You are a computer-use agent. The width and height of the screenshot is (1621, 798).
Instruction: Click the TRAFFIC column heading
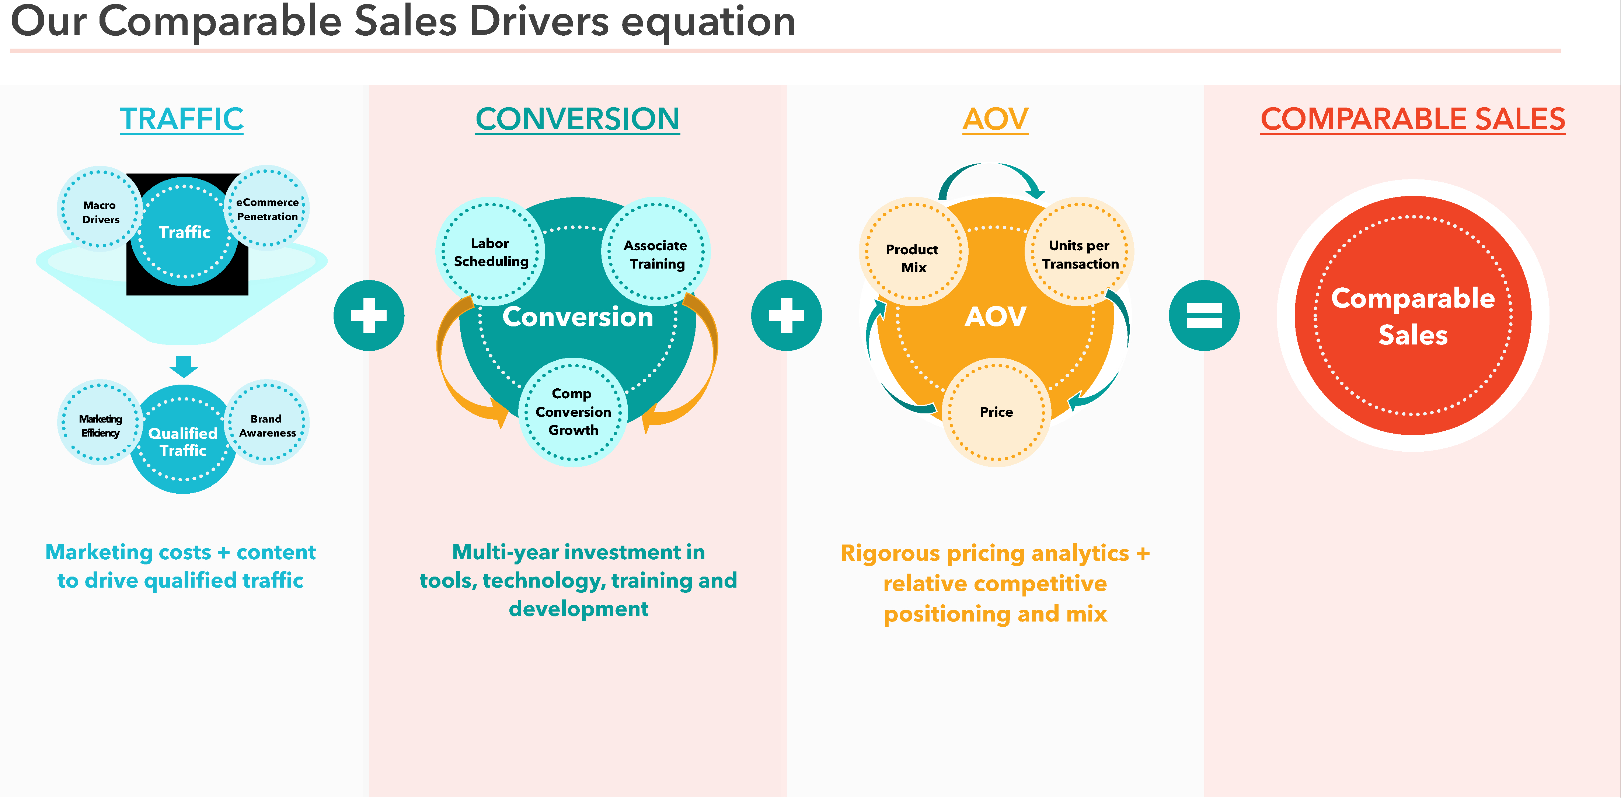pyautogui.click(x=181, y=119)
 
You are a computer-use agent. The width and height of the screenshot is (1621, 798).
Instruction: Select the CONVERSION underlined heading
pyautogui.click(x=577, y=119)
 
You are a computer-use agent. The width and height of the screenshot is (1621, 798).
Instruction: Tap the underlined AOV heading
pyautogui.click(x=995, y=119)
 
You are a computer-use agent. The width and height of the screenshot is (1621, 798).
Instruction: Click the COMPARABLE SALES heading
pyautogui.click(x=1413, y=119)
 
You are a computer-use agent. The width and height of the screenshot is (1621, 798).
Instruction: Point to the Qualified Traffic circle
pyautogui.click(x=183, y=441)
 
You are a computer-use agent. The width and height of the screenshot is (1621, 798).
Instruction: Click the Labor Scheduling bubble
pyautogui.click(x=491, y=252)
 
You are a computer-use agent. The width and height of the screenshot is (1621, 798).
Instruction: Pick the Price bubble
pyautogui.click(x=996, y=412)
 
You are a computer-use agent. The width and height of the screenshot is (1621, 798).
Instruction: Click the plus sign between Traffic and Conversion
pyautogui.click(x=369, y=315)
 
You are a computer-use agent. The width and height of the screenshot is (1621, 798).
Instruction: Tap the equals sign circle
pyautogui.click(x=1204, y=315)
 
